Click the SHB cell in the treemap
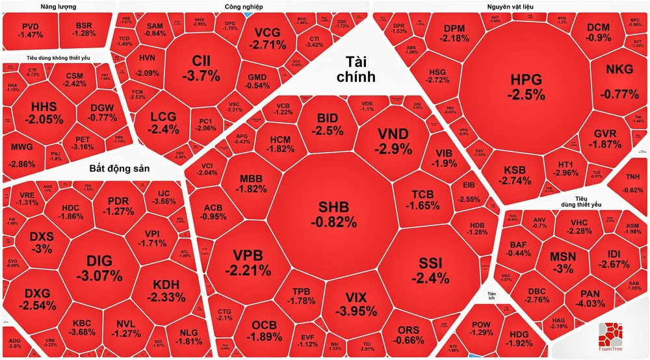[x=333, y=214]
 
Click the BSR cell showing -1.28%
[x=84, y=30]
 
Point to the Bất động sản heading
[x=120, y=169]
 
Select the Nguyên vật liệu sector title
[x=510, y=6]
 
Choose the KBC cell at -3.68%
[x=82, y=328]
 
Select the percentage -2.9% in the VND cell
[x=394, y=149]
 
